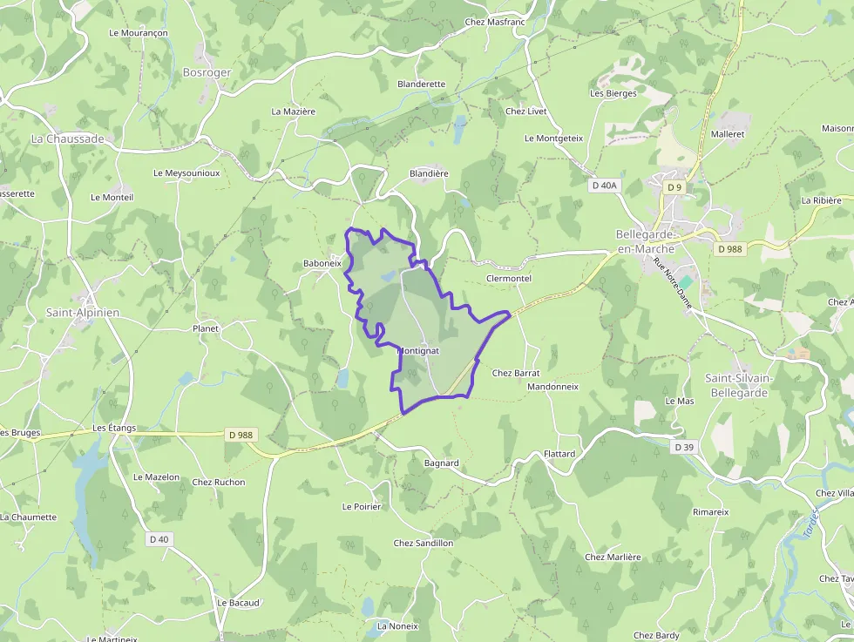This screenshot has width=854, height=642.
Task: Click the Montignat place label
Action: (419, 350)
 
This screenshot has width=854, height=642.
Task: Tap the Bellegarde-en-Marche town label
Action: (645, 241)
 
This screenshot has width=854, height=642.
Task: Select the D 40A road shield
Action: (604, 186)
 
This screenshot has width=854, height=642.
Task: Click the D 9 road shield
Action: (674, 187)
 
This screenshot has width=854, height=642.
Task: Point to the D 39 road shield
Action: (684, 447)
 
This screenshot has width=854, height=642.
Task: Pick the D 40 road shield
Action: (159, 539)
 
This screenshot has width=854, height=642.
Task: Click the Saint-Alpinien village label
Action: (83, 312)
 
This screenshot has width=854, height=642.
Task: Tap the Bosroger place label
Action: (207, 72)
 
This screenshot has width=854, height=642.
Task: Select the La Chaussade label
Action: (67, 139)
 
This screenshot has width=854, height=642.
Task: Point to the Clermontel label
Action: (508, 279)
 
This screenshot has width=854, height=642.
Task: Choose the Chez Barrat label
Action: (516, 373)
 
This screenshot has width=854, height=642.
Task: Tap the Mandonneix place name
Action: (552, 386)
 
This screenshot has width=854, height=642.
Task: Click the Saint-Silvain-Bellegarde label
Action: (737, 385)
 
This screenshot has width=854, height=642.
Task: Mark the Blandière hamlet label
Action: (429, 173)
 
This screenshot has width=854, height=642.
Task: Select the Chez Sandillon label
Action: (424, 543)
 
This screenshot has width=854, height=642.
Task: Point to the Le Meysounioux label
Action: (186, 173)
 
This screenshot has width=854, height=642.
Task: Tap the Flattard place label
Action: (559, 454)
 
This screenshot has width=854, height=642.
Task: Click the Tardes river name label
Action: (810, 524)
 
